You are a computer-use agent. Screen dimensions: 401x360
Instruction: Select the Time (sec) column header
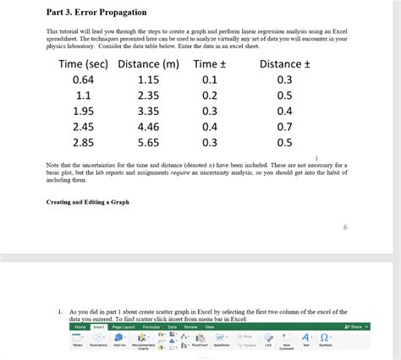[x=82, y=64]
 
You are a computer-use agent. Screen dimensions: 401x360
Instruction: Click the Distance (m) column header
[x=149, y=64]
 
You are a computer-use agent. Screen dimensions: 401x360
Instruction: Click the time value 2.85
[x=83, y=142]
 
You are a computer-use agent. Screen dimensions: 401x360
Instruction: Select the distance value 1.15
[x=149, y=79]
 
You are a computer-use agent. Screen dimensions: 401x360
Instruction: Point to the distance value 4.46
[x=149, y=127]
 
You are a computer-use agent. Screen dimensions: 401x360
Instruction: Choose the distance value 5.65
[x=149, y=142]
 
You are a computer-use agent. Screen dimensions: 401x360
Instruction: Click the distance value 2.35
[x=149, y=95]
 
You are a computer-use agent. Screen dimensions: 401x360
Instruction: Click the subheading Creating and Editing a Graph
[x=88, y=202]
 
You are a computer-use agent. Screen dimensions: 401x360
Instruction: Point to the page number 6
[x=345, y=227]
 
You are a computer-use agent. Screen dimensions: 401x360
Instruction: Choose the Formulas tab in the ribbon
[x=151, y=326]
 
